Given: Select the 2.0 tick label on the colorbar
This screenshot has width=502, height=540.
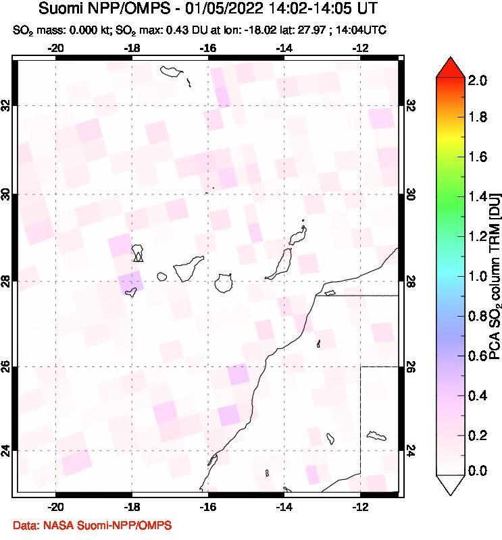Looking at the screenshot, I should tap(478, 81).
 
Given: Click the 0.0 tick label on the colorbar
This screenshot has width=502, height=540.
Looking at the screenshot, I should tap(478, 470).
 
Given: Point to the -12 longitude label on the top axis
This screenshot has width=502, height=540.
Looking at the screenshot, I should tap(361, 49).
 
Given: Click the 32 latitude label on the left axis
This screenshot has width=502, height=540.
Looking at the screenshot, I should tap(7, 107).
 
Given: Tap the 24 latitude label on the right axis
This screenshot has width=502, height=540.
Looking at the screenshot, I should tap(413, 450).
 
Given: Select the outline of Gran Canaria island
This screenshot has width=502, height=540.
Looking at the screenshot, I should tap(223, 283).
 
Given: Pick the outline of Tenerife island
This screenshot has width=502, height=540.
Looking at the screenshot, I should tap(187, 269).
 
